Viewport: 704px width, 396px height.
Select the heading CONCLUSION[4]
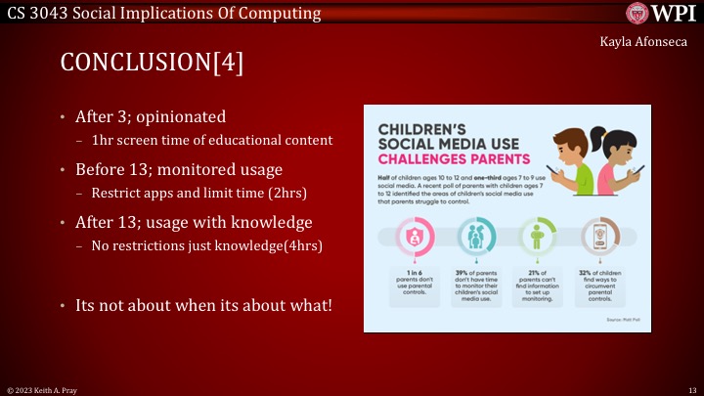click(x=152, y=63)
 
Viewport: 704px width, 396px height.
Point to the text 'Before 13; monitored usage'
click(x=179, y=168)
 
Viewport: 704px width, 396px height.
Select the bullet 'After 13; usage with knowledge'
click(x=194, y=220)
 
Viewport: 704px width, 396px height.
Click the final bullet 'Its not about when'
click(x=203, y=305)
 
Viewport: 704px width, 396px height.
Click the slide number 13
click(x=690, y=389)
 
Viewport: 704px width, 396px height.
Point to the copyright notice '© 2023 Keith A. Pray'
click(x=42, y=389)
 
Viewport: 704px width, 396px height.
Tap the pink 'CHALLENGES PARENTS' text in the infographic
click(x=454, y=157)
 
